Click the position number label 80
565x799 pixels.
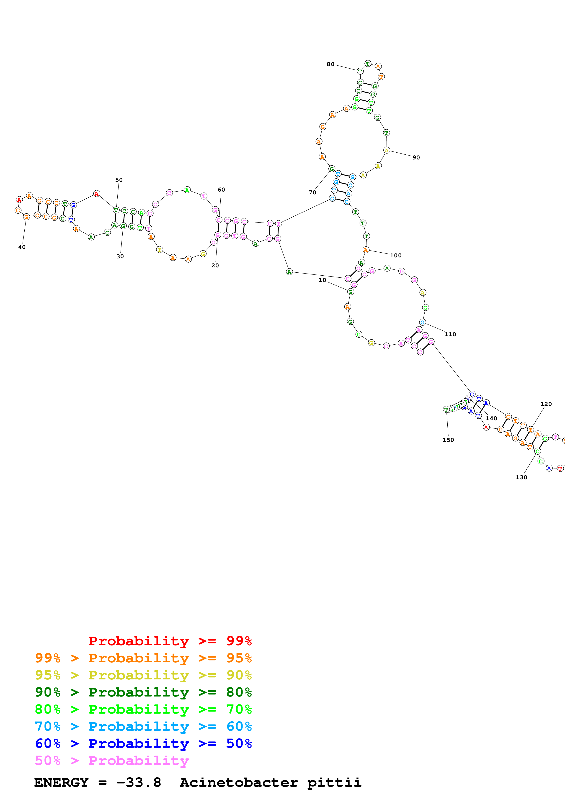click(330, 64)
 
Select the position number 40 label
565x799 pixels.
click(22, 247)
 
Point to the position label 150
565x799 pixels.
click(448, 440)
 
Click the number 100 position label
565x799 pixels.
click(396, 255)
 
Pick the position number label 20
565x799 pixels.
click(215, 266)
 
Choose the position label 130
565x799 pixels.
click(521, 477)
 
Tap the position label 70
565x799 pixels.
click(313, 192)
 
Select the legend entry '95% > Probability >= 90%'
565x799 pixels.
click(143, 675)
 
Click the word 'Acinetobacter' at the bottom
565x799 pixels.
click(239, 782)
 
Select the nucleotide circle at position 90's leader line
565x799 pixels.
click(386, 150)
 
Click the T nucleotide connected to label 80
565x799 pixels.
click(360, 71)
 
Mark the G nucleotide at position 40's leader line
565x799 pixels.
click(26, 217)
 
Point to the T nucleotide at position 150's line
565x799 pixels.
click(446, 409)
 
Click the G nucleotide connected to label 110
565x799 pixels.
click(422, 322)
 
